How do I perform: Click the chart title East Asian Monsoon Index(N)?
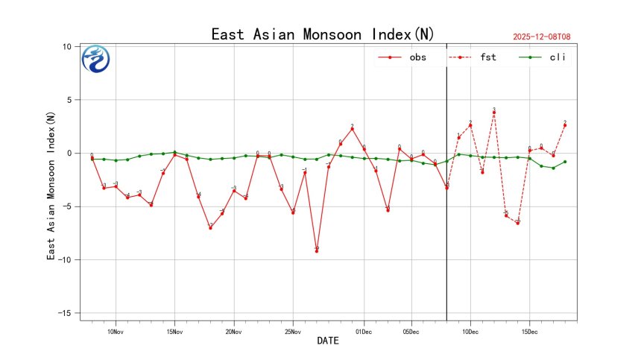pos(323,34)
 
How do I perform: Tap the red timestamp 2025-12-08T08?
pos(546,37)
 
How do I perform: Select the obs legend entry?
pos(407,57)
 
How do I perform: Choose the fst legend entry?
pos(477,57)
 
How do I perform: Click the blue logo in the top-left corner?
pos(95,60)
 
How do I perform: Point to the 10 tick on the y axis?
pos(66,46)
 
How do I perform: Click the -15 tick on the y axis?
pos(65,313)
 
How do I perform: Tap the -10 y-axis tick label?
pos(65,260)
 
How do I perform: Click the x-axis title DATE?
pos(328,341)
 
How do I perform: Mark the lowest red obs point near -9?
pos(317,251)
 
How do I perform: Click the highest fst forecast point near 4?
pos(493,113)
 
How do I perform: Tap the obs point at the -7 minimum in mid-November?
pos(210,228)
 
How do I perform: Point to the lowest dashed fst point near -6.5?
pos(517,223)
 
